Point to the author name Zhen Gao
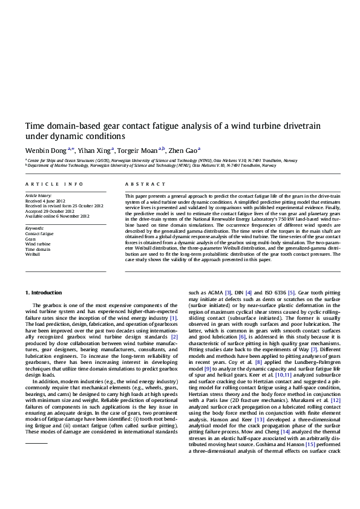[183, 150]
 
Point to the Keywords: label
[34, 227]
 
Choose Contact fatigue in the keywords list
[39, 233]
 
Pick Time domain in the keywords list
[38, 249]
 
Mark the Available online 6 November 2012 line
[57, 216]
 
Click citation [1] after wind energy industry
[174, 318]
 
